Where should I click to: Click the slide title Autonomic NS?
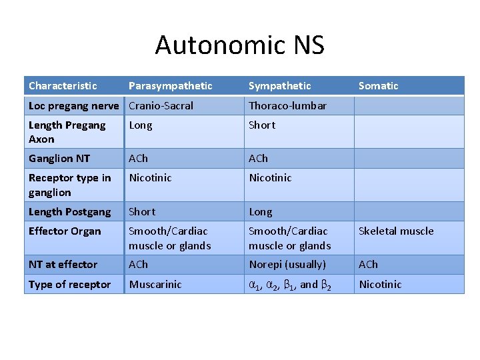240,45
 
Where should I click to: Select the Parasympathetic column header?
170,86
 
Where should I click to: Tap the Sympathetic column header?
280,86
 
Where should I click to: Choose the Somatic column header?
378,86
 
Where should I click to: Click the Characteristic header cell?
63,86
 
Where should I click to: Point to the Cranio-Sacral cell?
161,106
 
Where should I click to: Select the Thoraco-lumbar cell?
287,106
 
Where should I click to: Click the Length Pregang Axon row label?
67,132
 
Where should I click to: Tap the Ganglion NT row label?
59,159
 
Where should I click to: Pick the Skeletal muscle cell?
396,231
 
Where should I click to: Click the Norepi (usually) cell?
287,265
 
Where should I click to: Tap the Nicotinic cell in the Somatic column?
380,285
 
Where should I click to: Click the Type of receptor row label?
69,285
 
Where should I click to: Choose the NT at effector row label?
63,265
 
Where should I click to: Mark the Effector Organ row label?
65,231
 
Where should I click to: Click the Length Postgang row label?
69,212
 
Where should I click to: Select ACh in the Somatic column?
368,265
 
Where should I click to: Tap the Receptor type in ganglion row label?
69,185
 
